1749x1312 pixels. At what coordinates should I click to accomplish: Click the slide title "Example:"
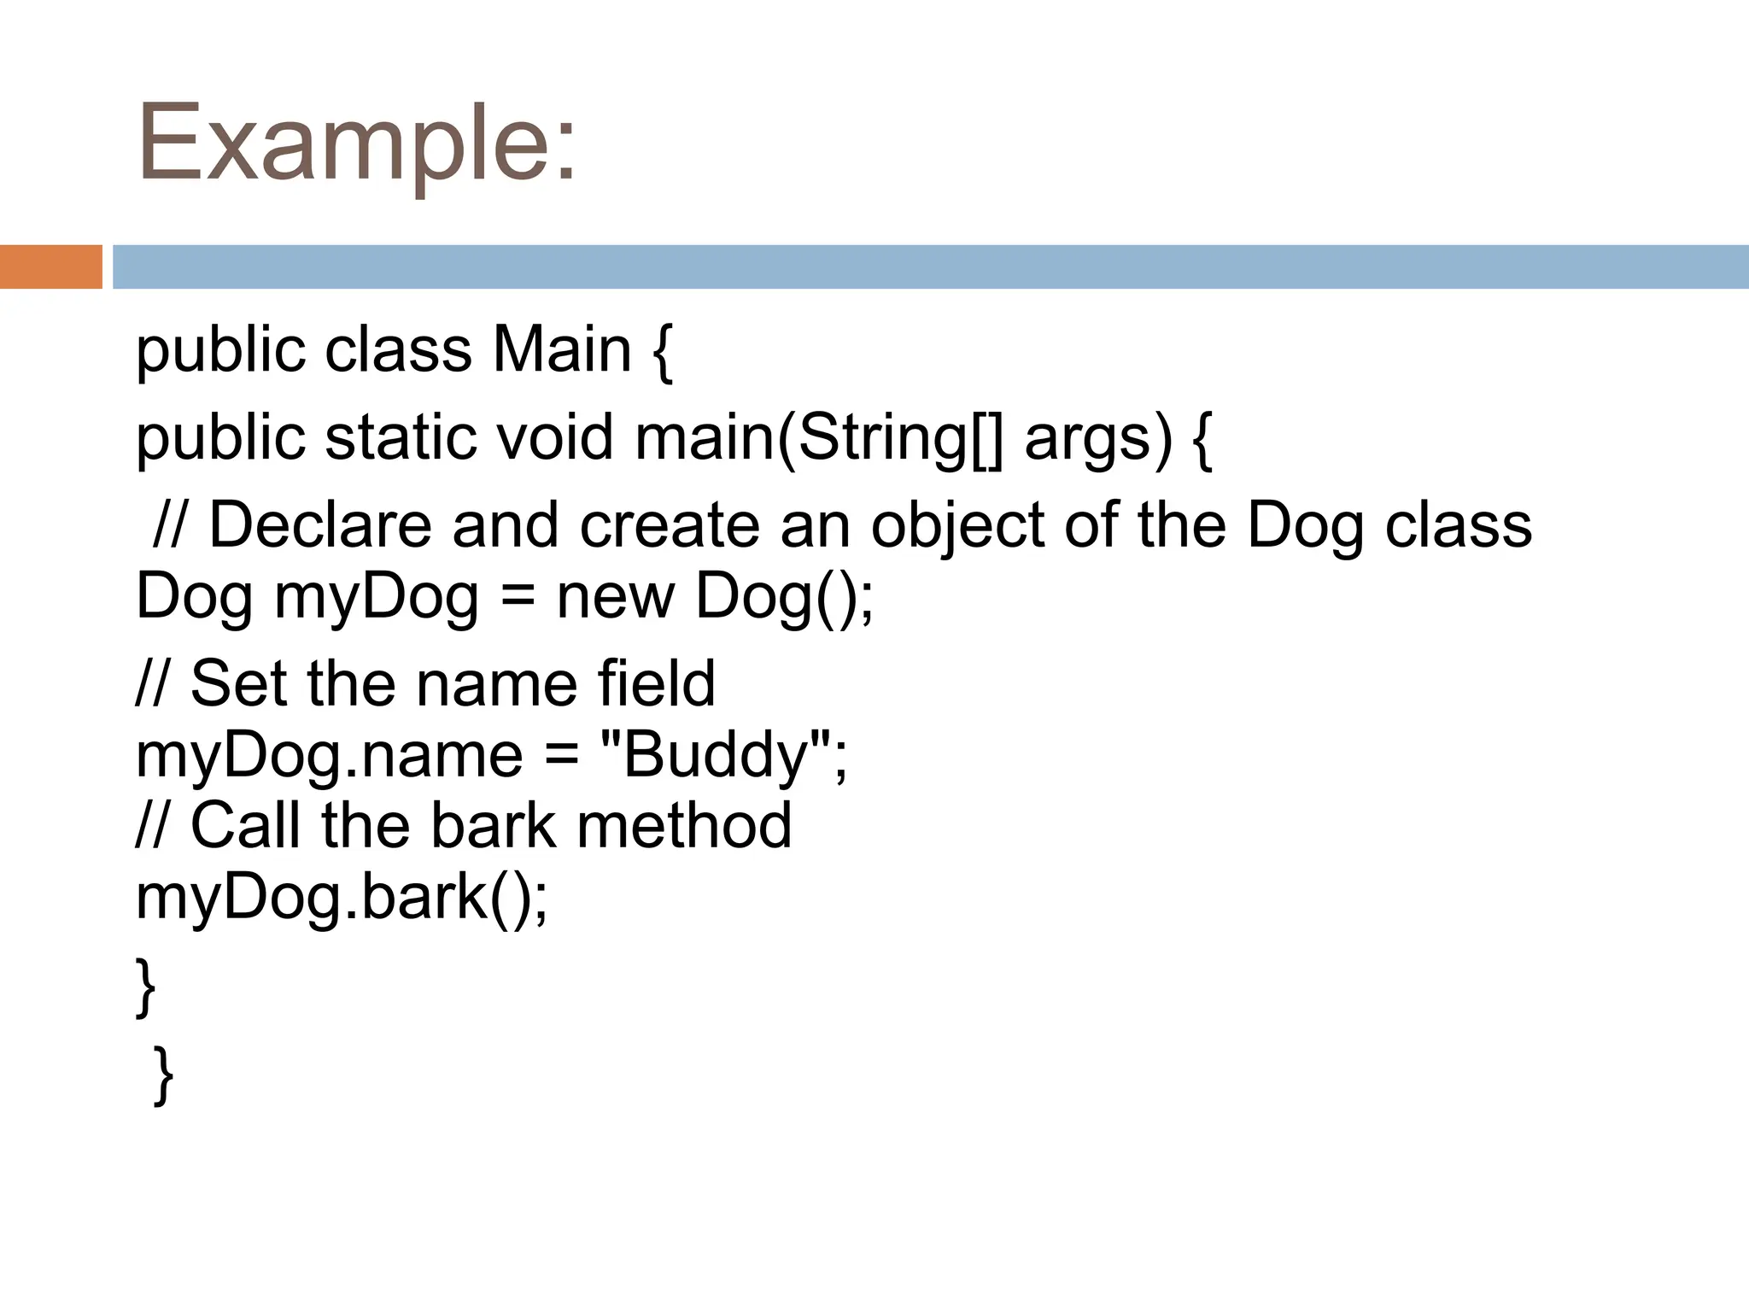pos(357,143)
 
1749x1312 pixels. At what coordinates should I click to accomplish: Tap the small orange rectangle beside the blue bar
pos(50,266)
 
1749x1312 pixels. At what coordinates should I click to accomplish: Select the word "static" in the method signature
pos(401,437)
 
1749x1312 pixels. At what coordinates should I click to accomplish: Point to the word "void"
pos(555,437)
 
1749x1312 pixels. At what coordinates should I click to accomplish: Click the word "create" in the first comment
pos(670,524)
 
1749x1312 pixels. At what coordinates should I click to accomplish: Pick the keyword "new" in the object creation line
pos(615,596)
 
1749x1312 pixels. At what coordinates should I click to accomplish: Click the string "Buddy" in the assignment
pos(716,755)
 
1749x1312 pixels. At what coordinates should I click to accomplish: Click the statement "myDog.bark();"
pos(342,898)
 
